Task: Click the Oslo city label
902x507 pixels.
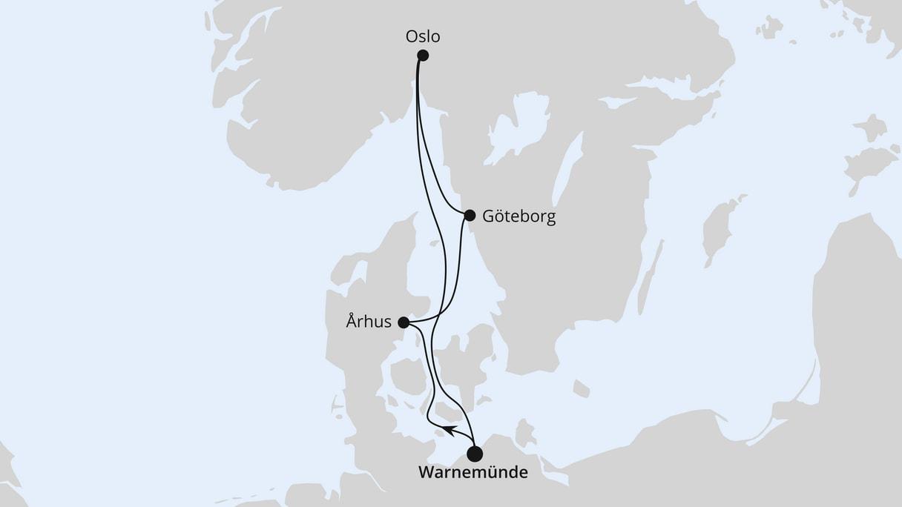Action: pos(423,36)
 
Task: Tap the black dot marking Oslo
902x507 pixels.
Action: pos(423,55)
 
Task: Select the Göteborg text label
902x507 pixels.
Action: pos(519,217)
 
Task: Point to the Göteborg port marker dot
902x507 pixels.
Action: pos(470,216)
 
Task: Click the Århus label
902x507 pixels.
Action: pos(369,322)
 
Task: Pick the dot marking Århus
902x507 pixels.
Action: pos(404,322)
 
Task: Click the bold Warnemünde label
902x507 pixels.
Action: pos(473,472)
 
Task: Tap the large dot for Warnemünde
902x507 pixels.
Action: pos(475,453)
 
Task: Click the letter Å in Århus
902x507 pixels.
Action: pos(352,322)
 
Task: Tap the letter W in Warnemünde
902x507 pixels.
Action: pos(427,472)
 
